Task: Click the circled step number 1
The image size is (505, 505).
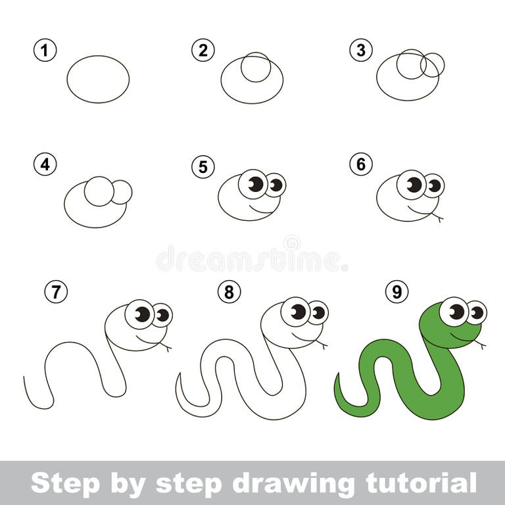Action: pyautogui.click(x=45, y=51)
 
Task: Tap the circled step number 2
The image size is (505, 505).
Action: pyautogui.click(x=203, y=51)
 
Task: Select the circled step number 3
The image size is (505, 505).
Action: pyautogui.click(x=361, y=51)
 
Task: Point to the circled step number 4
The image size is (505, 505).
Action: pyautogui.click(x=45, y=164)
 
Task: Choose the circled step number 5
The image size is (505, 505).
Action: pyautogui.click(x=203, y=167)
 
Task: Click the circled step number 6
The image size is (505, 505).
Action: pyautogui.click(x=361, y=164)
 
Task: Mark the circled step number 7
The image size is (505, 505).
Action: pyautogui.click(x=56, y=291)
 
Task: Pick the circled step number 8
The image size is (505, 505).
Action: pyautogui.click(x=228, y=291)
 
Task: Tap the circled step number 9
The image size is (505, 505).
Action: pyautogui.click(x=397, y=291)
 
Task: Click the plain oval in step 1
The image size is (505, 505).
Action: pyautogui.click(x=98, y=79)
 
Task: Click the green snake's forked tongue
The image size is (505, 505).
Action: pyautogui.click(x=481, y=344)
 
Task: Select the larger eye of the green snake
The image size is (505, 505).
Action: pyautogui.click(x=454, y=311)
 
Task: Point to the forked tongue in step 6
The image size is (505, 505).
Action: pyautogui.click(x=437, y=217)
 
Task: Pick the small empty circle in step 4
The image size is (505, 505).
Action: pyautogui.click(x=122, y=192)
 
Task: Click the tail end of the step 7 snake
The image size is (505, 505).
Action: pyautogui.click(x=25, y=379)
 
